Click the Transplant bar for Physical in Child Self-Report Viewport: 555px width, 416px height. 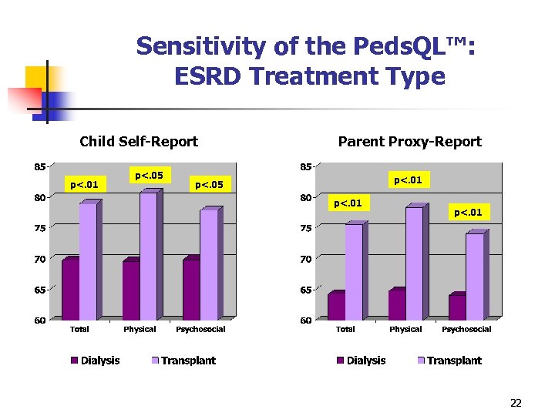click(x=148, y=256)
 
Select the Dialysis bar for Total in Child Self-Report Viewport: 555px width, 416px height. click(x=70, y=290)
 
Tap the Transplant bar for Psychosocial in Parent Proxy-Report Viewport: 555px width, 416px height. click(x=474, y=277)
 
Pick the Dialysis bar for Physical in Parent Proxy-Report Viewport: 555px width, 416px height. click(x=396, y=305)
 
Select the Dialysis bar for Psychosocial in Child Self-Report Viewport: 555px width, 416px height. click(x=191, y=290)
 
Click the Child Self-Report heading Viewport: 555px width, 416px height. click(x=139, y=142)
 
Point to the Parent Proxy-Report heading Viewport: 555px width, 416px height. click(x=409, y=142)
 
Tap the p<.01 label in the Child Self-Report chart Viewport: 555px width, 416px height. click(x=84, y=184)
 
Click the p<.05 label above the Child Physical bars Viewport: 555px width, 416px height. click(x=149, y=176)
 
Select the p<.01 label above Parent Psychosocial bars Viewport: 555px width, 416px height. click(x=468, y=212)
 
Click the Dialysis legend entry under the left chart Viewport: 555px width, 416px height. click(x=96, y=361)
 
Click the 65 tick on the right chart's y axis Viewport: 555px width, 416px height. click(x=305, y=290)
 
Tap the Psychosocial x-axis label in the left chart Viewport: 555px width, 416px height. click(x=200, y=330)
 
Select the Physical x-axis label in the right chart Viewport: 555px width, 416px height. click(x=405, y=330)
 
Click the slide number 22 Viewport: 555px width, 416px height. click(x=516, y=403)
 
